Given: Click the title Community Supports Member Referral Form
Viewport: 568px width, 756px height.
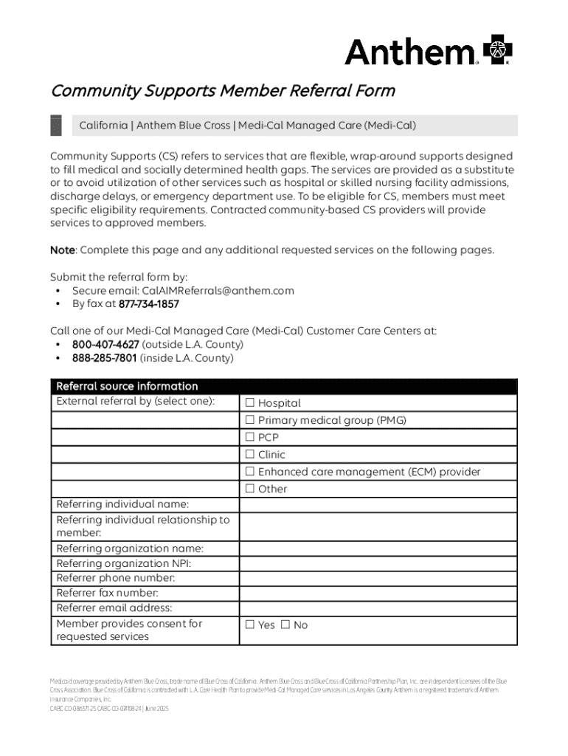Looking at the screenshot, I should tap(223, 91).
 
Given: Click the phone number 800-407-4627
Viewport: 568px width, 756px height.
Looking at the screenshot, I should tap(105, 345).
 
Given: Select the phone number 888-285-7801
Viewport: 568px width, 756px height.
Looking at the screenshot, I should tap(104, 358).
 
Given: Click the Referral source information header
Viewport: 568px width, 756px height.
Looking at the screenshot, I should tap(127, 386).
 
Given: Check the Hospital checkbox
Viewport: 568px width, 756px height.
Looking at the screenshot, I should tap(250, 403).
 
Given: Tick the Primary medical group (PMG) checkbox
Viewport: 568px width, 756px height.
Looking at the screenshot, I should tap(250, 420).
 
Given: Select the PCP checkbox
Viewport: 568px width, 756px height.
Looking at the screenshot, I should tap(250, 437).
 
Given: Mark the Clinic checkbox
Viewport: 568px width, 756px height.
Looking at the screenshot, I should tap(250, 454).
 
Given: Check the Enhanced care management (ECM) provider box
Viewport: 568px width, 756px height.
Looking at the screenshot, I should tap(250, 471).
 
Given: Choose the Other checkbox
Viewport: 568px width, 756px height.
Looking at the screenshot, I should tap(250, 488).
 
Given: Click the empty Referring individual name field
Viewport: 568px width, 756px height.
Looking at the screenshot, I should tap(378, 504).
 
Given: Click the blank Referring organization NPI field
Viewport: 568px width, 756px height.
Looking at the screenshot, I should tap(378, 563).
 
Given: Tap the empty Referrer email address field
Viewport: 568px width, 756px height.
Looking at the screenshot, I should tap(378, 608).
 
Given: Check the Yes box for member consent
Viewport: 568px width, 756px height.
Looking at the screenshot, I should tap(250, 625).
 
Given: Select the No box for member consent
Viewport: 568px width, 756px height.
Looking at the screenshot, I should tap(285, 625).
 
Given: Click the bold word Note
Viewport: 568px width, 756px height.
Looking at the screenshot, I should tap(63, 250).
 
